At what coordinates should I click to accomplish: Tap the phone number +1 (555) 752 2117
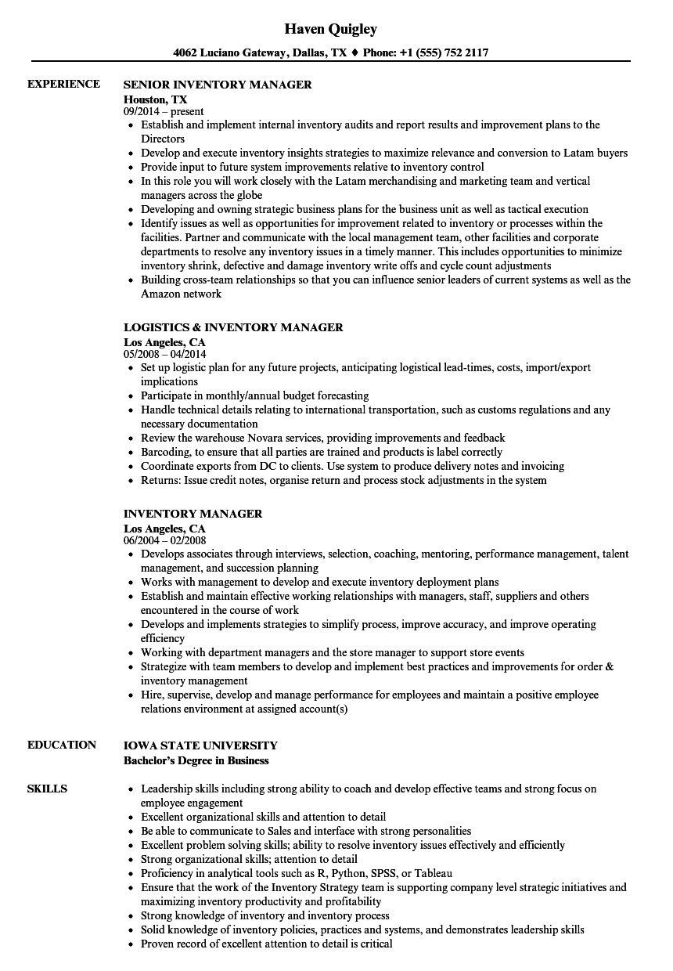444,53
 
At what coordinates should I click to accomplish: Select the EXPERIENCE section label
63,84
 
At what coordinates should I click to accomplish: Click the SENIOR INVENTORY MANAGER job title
218,85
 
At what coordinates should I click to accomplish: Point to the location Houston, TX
155,99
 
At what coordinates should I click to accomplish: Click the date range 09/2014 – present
164,112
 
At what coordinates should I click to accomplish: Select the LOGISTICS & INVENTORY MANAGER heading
233,327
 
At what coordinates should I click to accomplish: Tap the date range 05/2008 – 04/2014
165,354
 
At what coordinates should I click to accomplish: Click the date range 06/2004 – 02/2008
165,540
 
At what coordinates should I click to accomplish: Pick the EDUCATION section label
62,745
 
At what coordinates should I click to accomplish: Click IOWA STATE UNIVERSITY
200,745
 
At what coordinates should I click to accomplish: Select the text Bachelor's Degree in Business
196,760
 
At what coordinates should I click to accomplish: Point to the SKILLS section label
47,789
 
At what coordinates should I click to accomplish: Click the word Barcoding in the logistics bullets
164,452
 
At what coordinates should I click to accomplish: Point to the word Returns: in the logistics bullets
160,480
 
